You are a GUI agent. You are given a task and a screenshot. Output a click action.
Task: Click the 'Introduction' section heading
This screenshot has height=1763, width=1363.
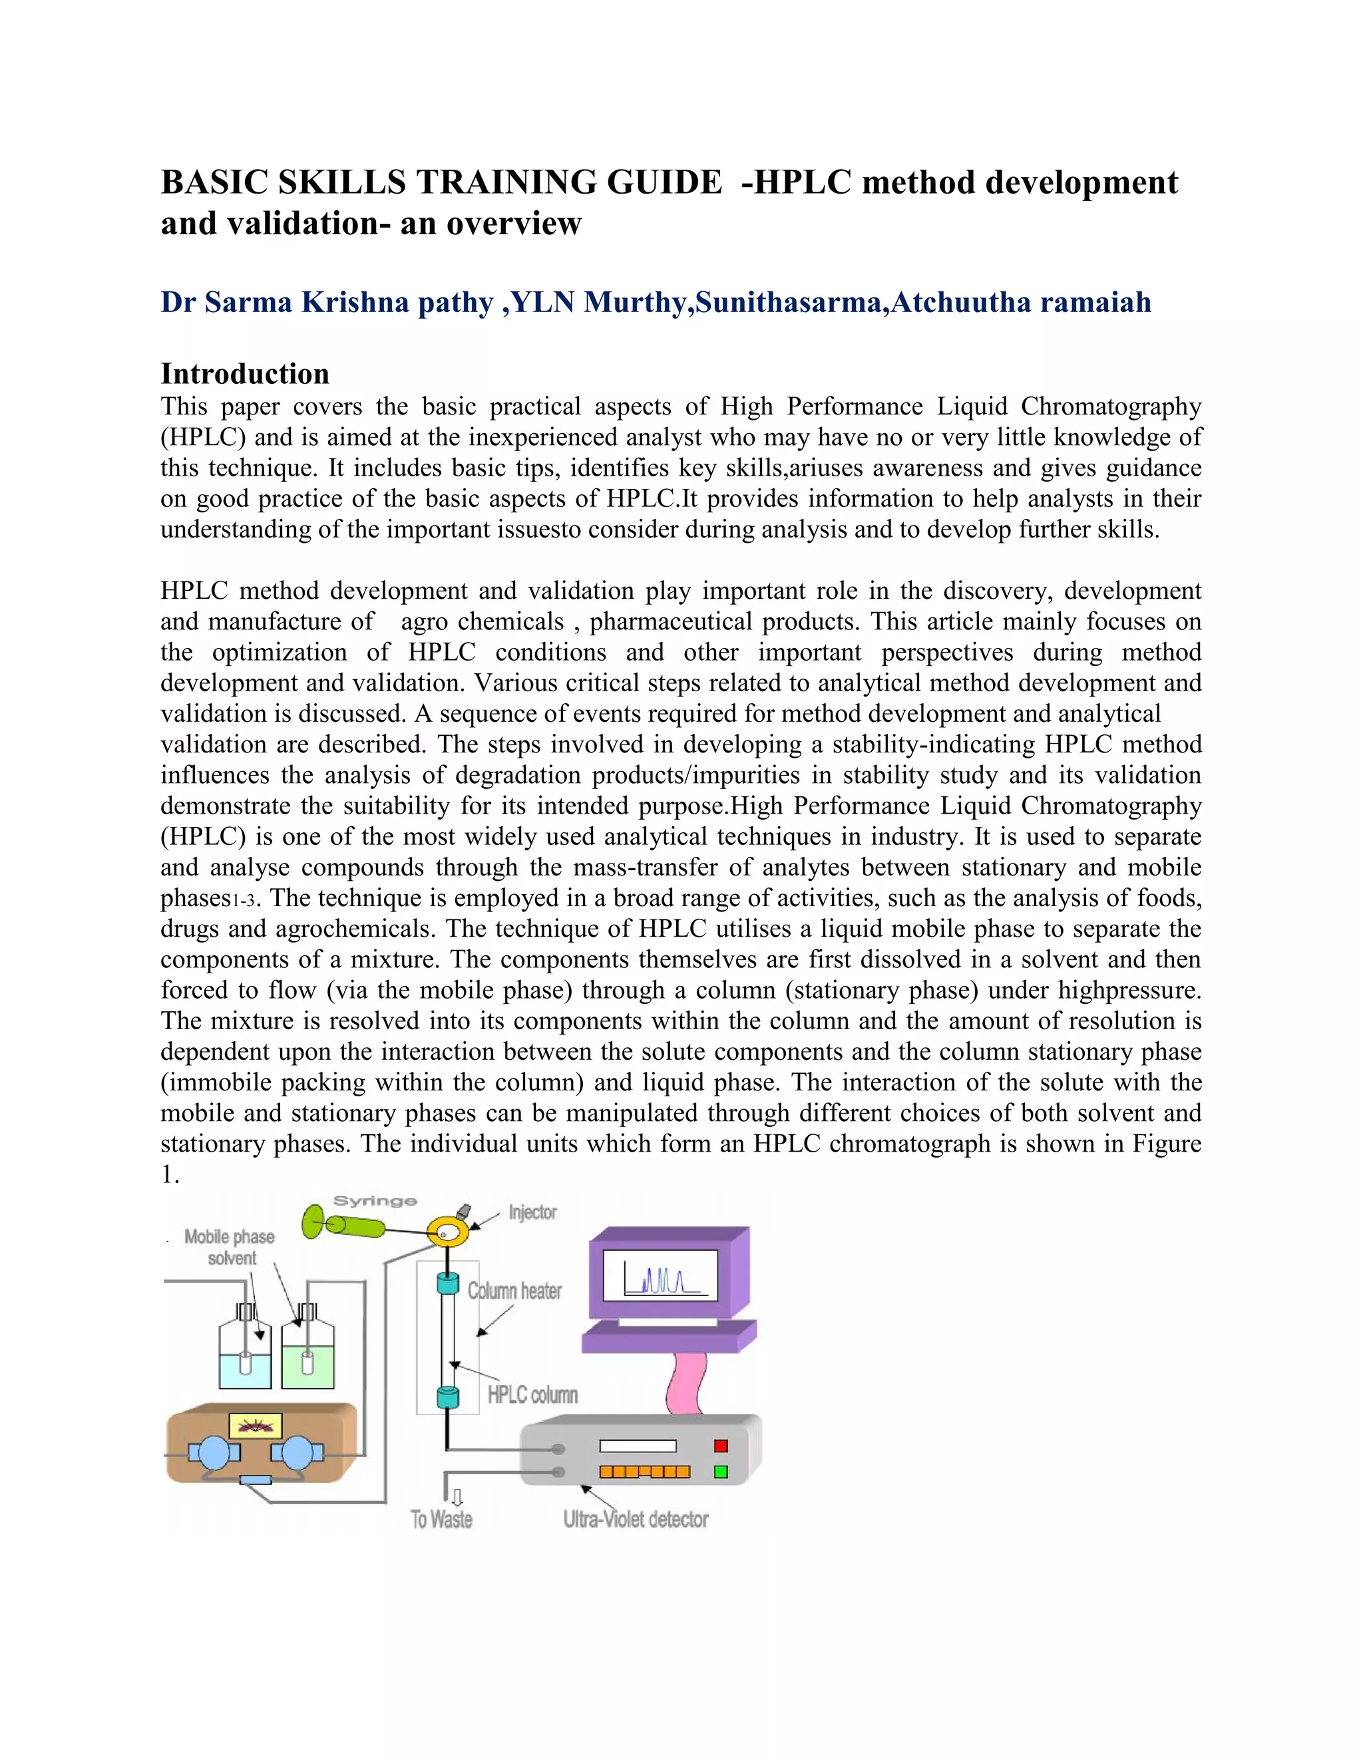click(x=245, y=374)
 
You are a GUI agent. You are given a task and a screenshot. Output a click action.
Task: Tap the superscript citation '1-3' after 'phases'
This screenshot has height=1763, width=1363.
click(x=243, y=901)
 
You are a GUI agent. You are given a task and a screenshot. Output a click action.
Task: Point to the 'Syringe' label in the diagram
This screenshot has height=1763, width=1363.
click(x=375, y=1201)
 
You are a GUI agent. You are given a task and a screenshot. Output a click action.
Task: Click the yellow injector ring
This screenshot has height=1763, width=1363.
click(x=448, y=1231)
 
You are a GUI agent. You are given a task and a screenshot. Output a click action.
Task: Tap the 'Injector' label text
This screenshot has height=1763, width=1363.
click(x=532, y=1212)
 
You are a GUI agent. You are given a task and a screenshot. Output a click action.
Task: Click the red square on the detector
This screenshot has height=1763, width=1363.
click(x=721, y=1446)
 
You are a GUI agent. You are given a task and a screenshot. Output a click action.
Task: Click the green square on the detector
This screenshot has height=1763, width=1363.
click(x=721, y=1472)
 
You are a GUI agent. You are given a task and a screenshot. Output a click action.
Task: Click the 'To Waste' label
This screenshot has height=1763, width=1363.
click(x=442, y=1520)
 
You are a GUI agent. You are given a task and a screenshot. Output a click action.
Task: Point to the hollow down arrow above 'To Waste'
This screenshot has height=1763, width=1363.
click(x=457, y=1498)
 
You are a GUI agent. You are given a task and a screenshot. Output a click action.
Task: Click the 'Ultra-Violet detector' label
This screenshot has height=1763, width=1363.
click(x=636, y=1520)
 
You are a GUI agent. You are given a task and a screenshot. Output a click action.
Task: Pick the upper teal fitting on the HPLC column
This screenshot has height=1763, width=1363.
click(x=447, y=1283)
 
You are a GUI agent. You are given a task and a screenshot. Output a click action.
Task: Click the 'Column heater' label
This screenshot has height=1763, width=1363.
click(x=514, y=1291)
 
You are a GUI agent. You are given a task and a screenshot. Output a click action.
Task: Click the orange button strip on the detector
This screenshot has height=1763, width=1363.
click(x=644, y=1472)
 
